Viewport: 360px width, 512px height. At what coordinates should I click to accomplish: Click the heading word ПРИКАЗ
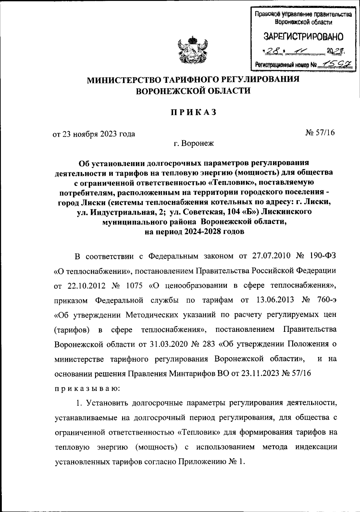click(x=193, y=112)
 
